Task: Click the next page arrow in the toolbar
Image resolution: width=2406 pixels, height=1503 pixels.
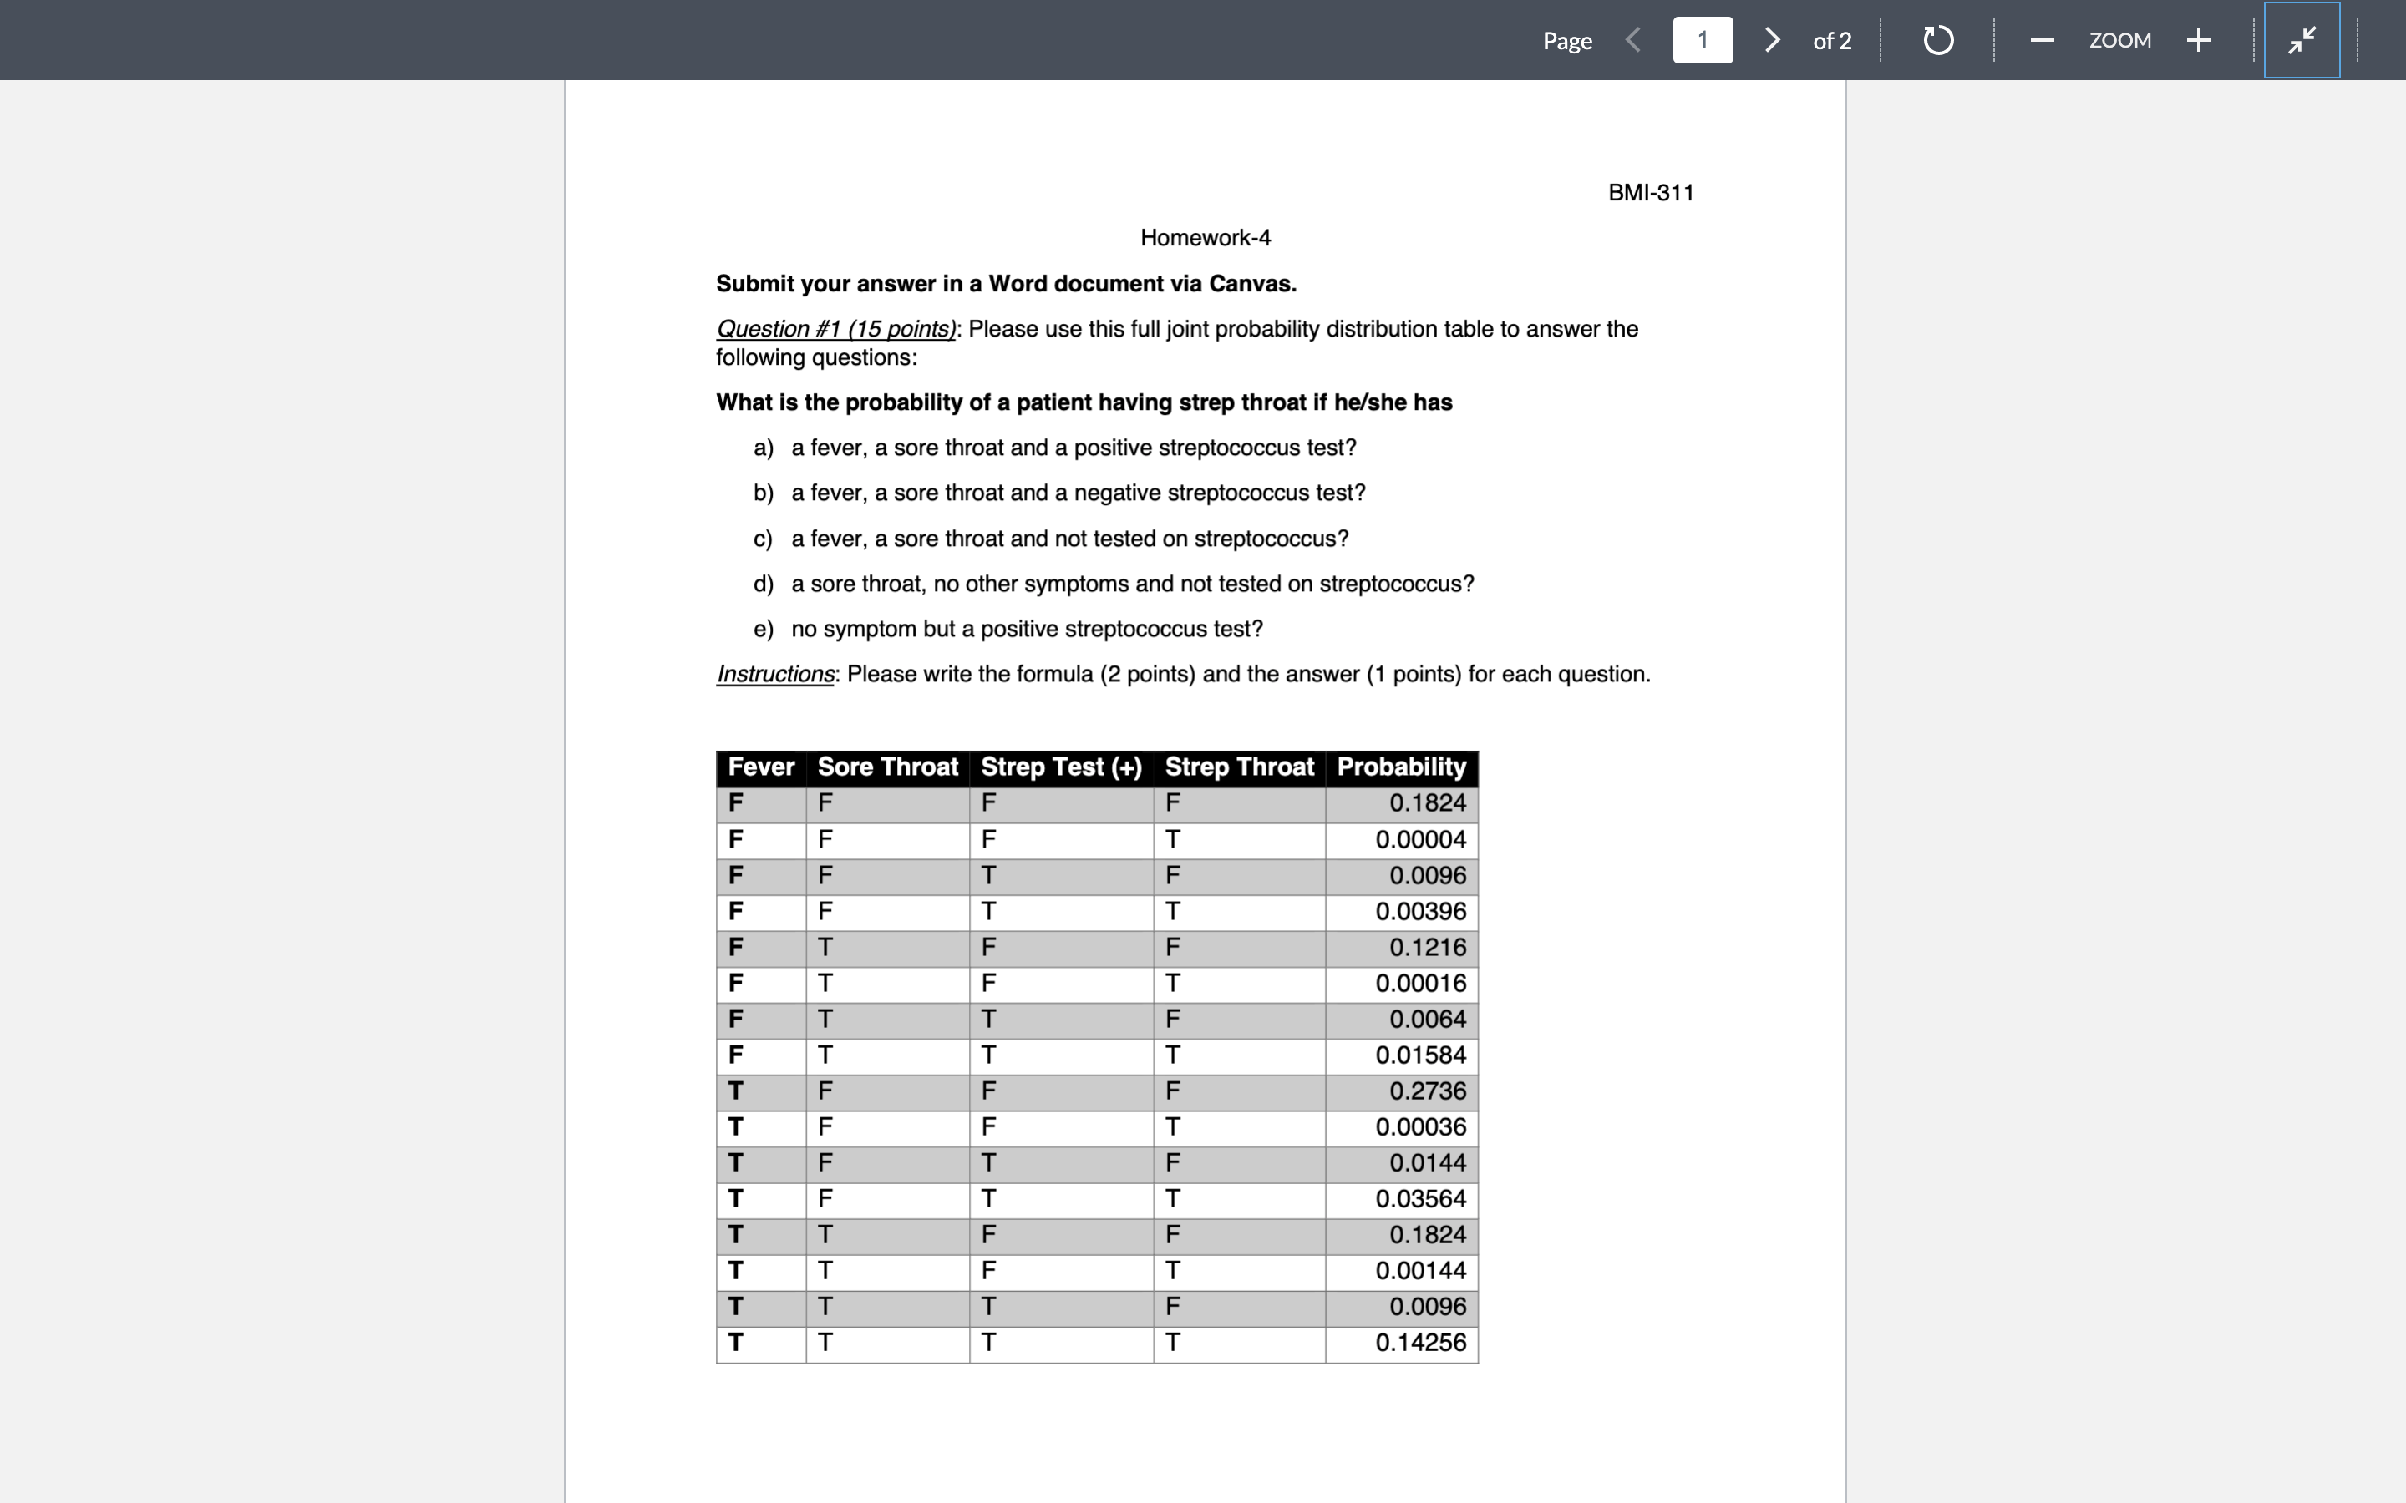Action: point(1772,40)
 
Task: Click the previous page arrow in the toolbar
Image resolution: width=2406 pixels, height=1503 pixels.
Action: point(1632,40)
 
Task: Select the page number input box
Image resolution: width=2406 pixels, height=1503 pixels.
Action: point(1702,40)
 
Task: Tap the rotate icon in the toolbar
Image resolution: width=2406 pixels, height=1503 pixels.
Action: point(1937,41)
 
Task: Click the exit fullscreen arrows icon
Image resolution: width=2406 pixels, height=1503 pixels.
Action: point(2302,40)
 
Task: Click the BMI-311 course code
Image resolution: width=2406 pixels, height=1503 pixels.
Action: point(1651,193)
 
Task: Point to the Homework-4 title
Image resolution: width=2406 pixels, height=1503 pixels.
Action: point(1205,238)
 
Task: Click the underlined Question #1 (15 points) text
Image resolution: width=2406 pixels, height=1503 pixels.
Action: point(836,329)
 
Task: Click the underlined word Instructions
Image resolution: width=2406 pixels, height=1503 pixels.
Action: point(775,674)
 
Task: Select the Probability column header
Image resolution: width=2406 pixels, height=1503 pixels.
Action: point(1401,767)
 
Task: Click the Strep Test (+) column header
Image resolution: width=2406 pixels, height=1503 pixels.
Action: point(1061,767)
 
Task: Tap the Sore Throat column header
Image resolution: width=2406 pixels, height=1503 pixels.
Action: point(887,767)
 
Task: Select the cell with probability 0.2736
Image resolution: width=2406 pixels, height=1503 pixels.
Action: point(1427,1091)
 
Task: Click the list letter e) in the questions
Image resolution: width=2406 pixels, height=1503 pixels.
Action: point(763,630)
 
